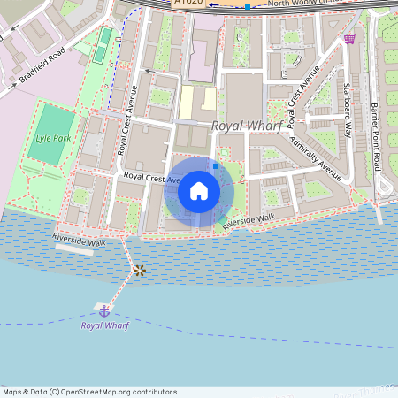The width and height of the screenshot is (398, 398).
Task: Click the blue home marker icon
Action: (199, 190)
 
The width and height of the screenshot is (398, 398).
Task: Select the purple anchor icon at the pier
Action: (104, 310)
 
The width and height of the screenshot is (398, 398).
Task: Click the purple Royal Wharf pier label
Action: (104, 325)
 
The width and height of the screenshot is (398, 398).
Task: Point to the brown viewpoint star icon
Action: (139, 270)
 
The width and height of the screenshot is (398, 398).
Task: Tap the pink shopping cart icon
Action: (350, 38)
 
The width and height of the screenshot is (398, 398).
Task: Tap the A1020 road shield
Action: (188, 4)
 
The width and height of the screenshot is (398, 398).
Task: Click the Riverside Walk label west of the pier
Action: (80, 240)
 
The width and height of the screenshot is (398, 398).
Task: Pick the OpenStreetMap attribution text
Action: (89, 391)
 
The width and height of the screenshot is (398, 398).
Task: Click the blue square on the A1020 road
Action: (248, 7)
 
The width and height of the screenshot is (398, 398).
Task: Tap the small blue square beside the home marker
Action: (215, 165)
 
